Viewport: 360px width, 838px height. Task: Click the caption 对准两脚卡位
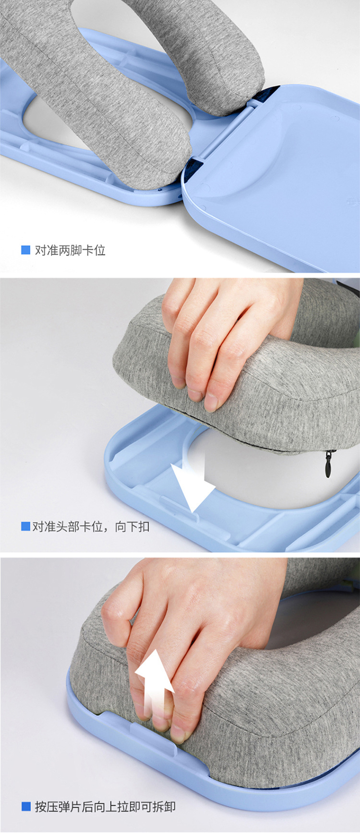coord(70,250)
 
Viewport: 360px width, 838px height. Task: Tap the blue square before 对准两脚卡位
coord(26,250)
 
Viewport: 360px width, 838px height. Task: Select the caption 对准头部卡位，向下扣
coord(91,526)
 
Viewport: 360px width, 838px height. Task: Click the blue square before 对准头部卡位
coord(25,526)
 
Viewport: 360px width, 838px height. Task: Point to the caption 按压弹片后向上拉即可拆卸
coord(105,806)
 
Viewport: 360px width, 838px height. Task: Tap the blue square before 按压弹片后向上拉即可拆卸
coord(26,806)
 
